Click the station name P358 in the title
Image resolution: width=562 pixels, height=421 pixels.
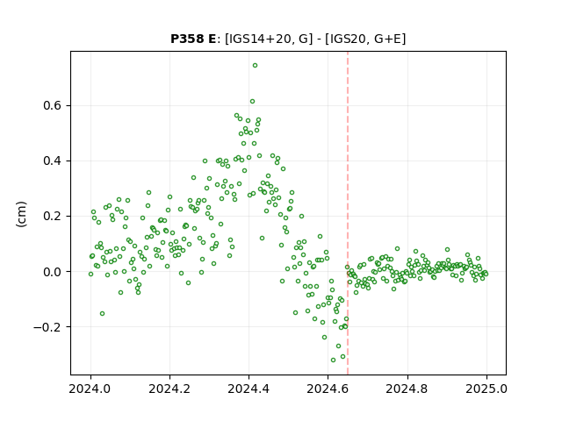[x=188, y=39]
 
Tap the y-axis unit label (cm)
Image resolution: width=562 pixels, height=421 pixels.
[x=21, y=214]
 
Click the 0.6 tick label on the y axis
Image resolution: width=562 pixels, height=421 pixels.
[x=53, y=105]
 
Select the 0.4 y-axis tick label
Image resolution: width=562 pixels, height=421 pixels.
[x=53, y=161]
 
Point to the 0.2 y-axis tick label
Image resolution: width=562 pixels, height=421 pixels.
[x=53, y=217]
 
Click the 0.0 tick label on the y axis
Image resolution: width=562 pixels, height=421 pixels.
[x=53, y=272]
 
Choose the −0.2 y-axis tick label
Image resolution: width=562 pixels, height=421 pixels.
[x=47, y=327]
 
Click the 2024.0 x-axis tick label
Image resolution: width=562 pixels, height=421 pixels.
[x=90, y=389]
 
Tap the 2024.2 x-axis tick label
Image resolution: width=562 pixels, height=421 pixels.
[x=169, y=389]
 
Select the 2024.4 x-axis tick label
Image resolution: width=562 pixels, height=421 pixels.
[x=249, y=389]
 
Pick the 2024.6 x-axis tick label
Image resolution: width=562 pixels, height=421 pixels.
[x=328, y=389]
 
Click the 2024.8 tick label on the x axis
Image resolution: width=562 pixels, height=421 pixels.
[x=407, y=389]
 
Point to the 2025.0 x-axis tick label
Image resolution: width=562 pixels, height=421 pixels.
[x=486, y=389]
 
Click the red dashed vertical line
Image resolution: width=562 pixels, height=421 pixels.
[x=348, y=213]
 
